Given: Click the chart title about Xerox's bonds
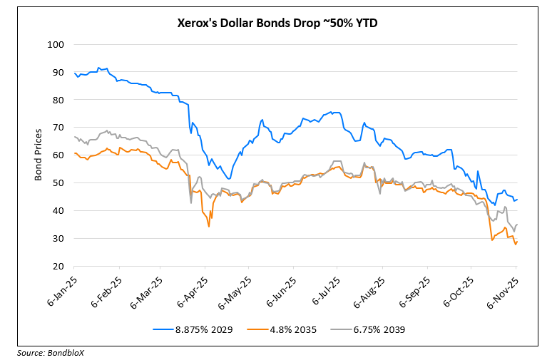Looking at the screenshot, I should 277,24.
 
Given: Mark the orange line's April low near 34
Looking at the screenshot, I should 209,227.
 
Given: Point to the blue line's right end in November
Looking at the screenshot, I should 516,200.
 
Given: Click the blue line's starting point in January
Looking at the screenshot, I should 74,73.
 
